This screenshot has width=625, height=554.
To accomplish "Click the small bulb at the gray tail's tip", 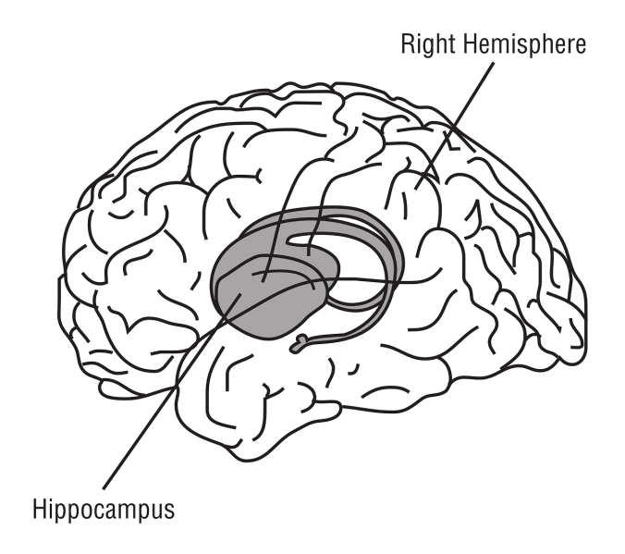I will pyautogui.click(x=298, y=347).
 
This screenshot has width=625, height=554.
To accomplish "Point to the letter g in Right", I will pyautogui.click(x=426, y=46).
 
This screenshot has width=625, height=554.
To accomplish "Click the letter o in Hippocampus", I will pyautogui.click(x=85, y=510).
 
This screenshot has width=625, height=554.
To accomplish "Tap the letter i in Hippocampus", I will pyautogui.click(x=51, y=509).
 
